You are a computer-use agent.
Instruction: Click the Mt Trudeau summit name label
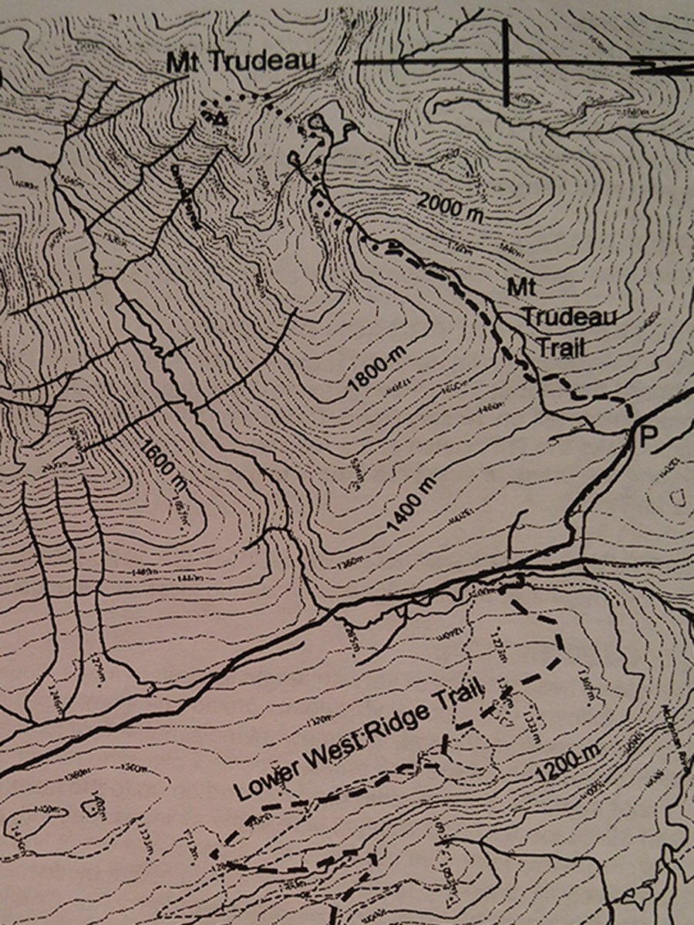[x=241, y=63]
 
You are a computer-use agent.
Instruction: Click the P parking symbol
[x=649, y=438]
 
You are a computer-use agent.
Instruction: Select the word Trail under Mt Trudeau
[x=561, y=346]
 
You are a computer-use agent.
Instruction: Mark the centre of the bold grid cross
[x=506, y=62]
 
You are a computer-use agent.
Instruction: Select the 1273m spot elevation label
[x=497, y=641]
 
